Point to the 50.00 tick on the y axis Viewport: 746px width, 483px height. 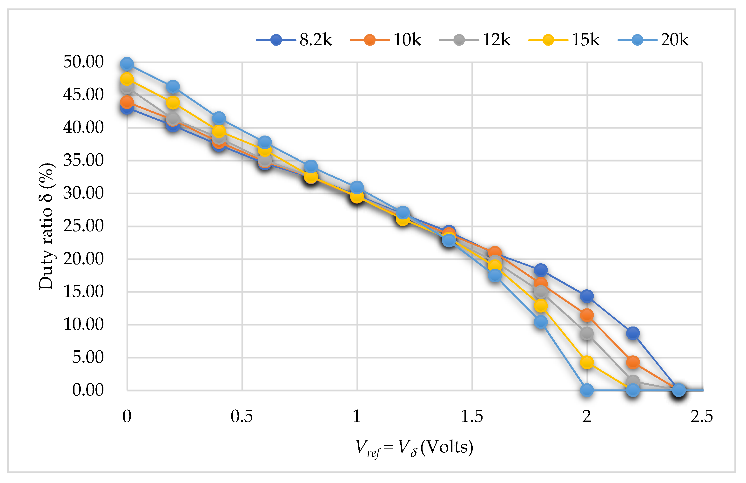coord(83,62)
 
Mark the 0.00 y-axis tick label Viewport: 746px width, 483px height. coord(88,390)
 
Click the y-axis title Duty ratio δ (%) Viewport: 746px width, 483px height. coord(46,226)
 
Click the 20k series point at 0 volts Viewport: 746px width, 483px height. coord(127,64)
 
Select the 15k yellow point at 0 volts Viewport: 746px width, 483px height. coord(127,79)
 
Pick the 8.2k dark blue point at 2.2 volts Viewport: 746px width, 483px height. coord(633,333)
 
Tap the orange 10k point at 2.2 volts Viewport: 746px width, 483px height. coord(633,362)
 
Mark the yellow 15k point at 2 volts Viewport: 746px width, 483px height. coord(587,362)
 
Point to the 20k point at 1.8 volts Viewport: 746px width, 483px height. coord(541,322)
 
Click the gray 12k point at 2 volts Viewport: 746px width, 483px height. coord(587,333)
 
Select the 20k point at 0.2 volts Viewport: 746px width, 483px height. coord(173,86)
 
